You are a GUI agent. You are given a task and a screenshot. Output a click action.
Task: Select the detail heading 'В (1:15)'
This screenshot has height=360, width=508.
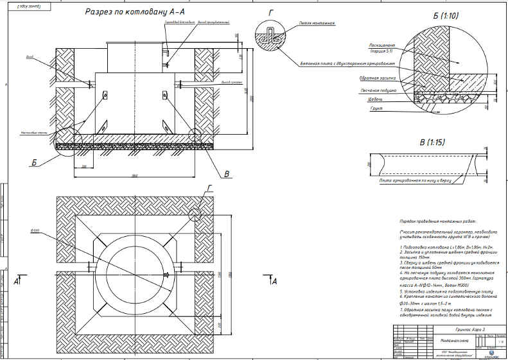click(x=432, y=142)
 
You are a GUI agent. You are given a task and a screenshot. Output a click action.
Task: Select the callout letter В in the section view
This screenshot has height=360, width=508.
click(x=225, y=173)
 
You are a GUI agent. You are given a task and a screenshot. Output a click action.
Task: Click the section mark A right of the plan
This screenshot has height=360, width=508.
click(x=274, y=281)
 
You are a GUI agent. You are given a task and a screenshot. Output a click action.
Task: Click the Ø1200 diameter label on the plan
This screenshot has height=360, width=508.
click(x=35, y=230)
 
